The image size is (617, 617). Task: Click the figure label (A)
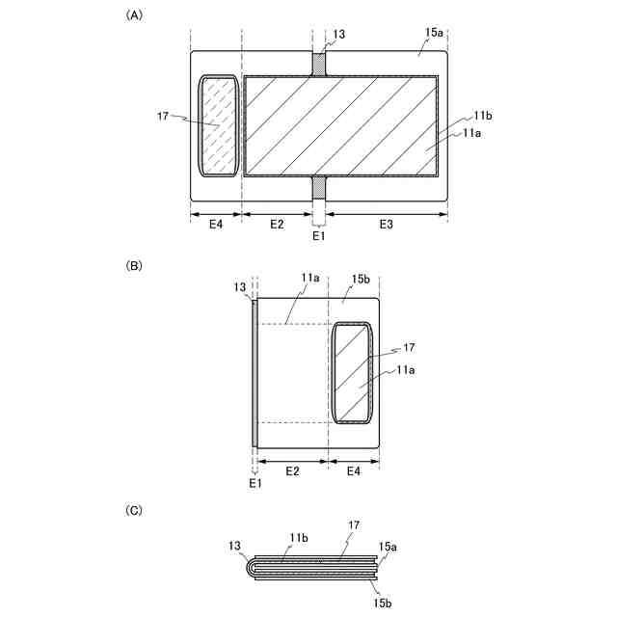point(134,15)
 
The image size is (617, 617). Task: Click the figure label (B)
point(134,266)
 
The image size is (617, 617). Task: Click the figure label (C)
point(134,511)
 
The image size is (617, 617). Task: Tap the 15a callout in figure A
point(434,33)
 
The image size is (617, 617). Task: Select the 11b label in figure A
point(483,116)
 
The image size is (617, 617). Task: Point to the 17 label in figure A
point(163,116)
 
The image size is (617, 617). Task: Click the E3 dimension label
point(386,225)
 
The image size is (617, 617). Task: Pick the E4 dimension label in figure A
point(216,225)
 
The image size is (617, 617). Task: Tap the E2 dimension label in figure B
point(292,471)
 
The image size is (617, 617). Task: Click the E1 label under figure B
point(255,483)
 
